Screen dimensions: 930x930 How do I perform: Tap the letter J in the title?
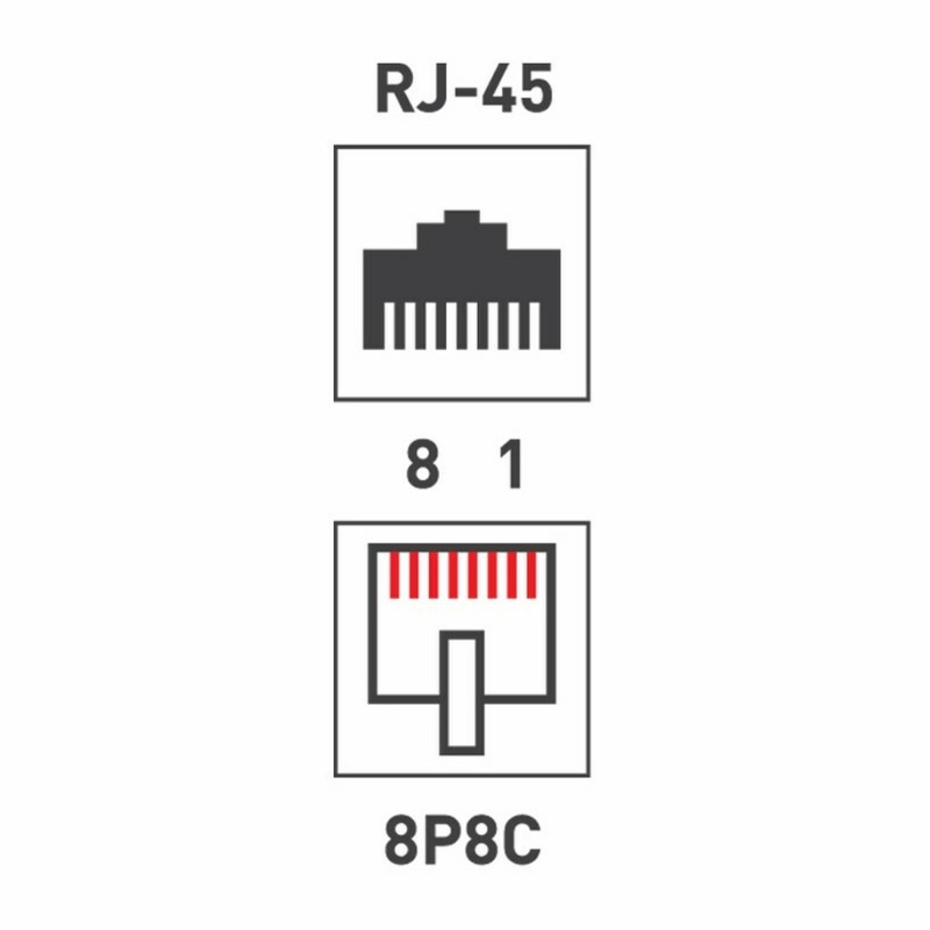[438, 89]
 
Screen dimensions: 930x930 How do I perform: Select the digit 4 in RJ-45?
[499, 89]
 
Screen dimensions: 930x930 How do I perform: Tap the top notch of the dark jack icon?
[461, 217]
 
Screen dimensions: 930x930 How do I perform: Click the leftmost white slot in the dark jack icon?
[389, 325]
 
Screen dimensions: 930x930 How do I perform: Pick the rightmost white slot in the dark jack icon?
[534, 325]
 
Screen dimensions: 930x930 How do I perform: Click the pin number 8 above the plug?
[422, 464]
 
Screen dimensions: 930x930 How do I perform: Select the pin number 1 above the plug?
[512, 464]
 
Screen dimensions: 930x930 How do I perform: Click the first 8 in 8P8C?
[400, 840]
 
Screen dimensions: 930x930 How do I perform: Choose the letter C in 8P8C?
[522, 840]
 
